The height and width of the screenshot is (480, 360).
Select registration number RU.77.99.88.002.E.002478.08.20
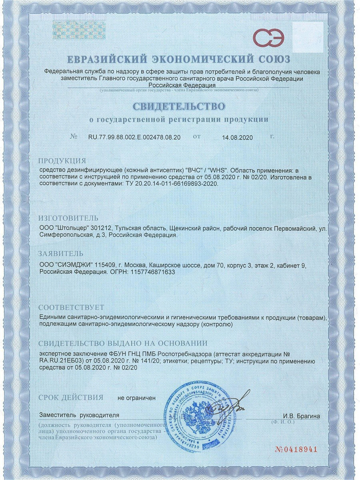pos(134,137)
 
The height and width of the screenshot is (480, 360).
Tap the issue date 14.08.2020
pos(238,137)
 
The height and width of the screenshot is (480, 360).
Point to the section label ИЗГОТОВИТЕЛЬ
pos(68,218)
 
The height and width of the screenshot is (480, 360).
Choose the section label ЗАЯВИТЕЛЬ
pos(61,254)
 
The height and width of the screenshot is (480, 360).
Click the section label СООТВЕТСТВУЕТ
pos(71,308)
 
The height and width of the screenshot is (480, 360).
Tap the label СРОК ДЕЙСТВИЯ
pos(71,398)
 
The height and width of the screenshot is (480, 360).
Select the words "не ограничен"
pos(136,398)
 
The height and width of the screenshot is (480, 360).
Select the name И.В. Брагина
pos(301,416)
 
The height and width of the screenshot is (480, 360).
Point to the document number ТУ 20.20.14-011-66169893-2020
pos(170,184)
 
